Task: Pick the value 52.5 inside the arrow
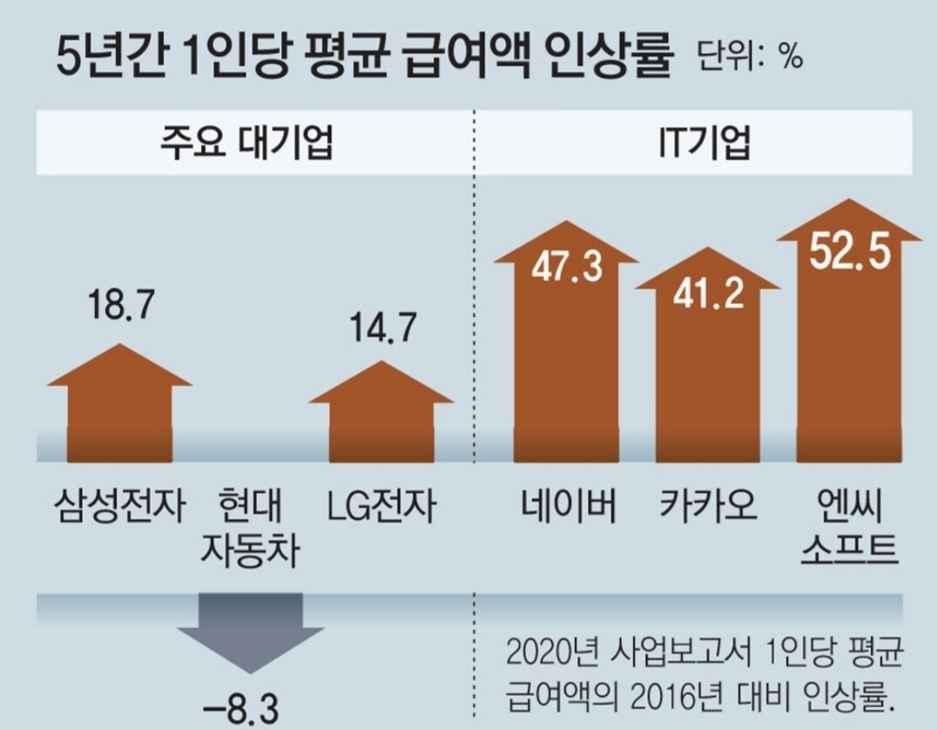(849, 253)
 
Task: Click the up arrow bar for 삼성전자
(119, 409)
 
